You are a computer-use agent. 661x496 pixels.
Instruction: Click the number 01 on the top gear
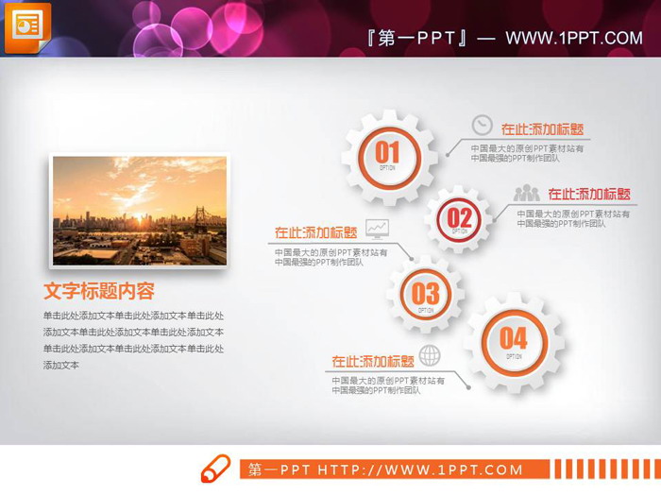(387, 151)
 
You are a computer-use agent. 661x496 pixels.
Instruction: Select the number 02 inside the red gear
(459, 218)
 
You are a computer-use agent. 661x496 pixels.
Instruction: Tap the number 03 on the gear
(425, 293)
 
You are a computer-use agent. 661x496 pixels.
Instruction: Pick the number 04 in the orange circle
(513, 338)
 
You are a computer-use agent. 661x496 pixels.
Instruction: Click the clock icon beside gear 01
(482, 125)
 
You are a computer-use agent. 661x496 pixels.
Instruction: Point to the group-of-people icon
(527, 193)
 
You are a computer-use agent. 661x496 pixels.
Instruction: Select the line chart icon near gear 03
(378, 228)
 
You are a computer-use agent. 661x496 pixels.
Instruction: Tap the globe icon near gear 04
(430, 355)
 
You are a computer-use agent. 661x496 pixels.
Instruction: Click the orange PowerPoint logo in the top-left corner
(27, 27)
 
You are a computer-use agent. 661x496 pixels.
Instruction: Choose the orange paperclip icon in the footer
(215, 469)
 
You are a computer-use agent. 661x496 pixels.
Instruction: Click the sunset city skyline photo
(139, 210)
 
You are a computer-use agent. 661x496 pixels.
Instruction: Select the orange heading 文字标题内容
(99, 291)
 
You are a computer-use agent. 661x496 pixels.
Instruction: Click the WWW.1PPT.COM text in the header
(574, 38)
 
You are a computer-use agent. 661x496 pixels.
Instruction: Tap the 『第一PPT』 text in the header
(417, 38)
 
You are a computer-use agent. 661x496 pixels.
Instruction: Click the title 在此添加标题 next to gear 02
(589, 195)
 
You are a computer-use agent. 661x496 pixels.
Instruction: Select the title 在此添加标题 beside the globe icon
(373, 361)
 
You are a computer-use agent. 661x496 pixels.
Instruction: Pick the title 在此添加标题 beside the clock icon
(542, 129)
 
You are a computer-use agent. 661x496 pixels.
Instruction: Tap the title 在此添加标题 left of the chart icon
(315, 231)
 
